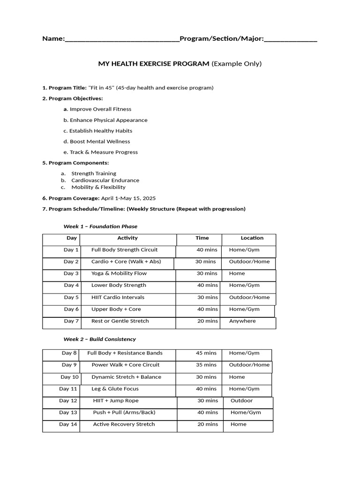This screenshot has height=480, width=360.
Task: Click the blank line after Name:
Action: click(x=122, y=39)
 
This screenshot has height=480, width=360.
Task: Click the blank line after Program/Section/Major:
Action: click(x=291, y=39)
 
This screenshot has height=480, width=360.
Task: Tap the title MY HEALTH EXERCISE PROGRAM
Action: click(x=153, y=64)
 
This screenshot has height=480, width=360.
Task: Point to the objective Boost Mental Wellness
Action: click(x=100, y=142)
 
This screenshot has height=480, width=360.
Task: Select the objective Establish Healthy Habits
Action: click(x=101, y=131)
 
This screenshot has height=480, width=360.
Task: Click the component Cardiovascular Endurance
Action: click(x=105, y=180)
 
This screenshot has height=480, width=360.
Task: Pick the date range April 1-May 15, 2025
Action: click(x=128, y=198)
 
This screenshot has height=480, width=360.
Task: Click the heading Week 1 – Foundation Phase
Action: click(x=100, y=226)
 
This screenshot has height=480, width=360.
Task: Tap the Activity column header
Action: click(x=127, y=238)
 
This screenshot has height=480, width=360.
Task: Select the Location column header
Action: click(x=252, y=238)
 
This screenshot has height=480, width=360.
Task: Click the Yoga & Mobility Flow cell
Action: click(x=119, y=273)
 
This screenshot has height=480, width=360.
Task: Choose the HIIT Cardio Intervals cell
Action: click(x=118, y=297)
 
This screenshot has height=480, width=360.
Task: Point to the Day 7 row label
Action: click(x=71, y=321)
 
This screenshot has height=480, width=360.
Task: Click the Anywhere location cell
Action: click(x=242, y=321)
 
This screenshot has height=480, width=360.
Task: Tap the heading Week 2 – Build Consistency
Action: click(x=99, y=339)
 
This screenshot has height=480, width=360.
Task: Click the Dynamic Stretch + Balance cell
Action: click(x=126, y=377)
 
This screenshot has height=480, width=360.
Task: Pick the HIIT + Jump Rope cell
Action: click(x=116, y=401)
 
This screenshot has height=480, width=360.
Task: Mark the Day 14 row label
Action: click(x=68, y=424)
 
